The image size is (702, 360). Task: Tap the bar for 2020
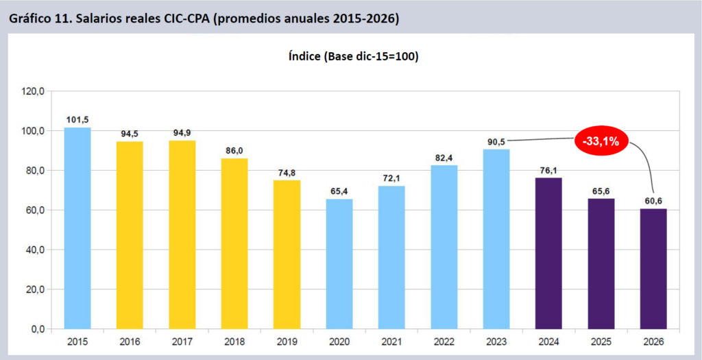(339, 264)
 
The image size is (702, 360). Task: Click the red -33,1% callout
(601, 142)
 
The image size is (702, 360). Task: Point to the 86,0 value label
(234, 150)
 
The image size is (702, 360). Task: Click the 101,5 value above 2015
(77, 119)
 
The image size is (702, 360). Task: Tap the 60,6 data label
(653, 200)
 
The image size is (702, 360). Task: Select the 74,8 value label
(287, 172)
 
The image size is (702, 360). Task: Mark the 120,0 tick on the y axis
(33, 91)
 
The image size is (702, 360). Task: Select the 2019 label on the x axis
(287, 341)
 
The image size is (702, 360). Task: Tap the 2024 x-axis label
(548, 341)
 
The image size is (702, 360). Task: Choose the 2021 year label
(391, 341)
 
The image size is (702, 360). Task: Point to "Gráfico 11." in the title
(40, 19)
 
